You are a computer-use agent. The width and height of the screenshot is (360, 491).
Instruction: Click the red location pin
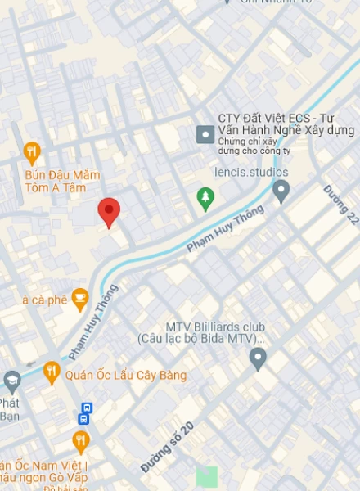pos(109,211)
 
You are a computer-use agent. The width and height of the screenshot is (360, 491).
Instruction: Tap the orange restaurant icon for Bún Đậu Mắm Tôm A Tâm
pos(32,151)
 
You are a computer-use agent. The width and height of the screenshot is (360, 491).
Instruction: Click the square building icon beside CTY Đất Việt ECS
pos(205,133)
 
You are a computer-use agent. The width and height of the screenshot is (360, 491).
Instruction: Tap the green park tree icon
pos(205,196)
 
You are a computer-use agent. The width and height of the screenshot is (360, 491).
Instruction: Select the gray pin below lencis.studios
pos(281,191)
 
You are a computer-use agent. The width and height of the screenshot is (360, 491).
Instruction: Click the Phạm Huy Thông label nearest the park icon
pos(226,228)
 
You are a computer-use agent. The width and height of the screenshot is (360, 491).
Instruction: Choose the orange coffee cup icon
pos(79,299)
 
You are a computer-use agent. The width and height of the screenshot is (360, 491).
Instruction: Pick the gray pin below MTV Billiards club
pos(259,358)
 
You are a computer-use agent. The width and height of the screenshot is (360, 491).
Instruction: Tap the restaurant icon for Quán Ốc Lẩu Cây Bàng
pos(52,373)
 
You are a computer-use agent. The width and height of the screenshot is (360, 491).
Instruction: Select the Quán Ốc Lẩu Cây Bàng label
pos(126,376)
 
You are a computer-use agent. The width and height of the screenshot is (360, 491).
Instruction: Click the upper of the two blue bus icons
pos(87,407)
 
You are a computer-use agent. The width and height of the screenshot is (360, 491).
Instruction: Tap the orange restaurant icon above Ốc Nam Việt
pos(80,441)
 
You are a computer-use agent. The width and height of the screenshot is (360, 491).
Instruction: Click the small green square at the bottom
pos(207,476)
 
